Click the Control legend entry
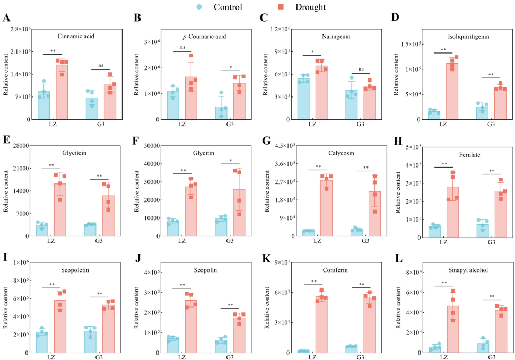(x=221, y=7)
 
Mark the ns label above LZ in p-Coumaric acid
(x=183, y=48)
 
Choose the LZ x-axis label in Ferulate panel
(x=443, y=242)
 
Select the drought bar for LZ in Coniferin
(x=321, y=324)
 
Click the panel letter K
(x=264, y=258)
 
